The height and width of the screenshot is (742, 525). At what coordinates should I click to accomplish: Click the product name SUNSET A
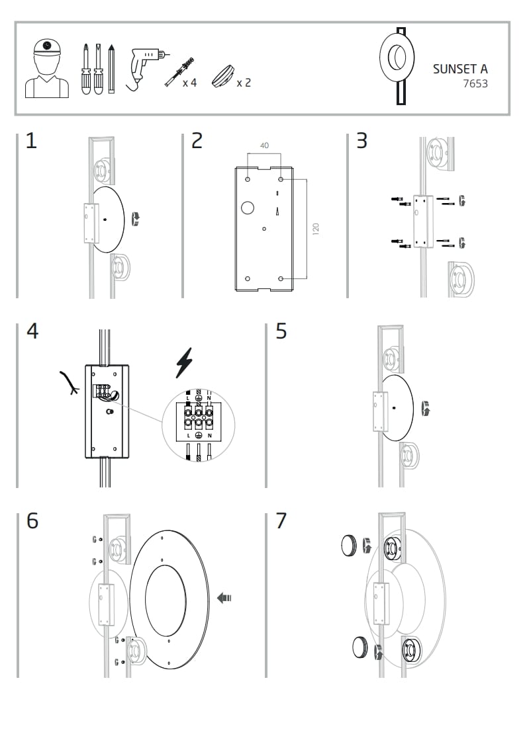point(460,69)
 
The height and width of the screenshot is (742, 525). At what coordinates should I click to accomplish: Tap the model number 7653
point(475,84)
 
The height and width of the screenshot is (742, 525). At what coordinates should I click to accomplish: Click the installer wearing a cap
point(47,68)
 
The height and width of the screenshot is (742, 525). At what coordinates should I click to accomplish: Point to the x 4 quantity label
point(189,83)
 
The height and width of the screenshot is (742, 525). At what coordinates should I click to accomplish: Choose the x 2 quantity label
point(244,83)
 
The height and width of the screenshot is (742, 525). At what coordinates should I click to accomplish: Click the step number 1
point(31,141)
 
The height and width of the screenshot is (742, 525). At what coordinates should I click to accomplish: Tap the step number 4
point(32,331)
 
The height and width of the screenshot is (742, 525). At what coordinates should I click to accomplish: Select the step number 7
point(281,521)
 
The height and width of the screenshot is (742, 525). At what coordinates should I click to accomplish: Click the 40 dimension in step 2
point(264,145)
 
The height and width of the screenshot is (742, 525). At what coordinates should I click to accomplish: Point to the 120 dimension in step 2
point(316,229)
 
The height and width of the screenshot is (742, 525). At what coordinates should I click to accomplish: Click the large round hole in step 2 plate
point(247,208)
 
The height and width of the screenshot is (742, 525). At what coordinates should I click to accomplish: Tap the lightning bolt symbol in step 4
point(184,363)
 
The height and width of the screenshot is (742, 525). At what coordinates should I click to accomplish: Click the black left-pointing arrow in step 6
point(224,598)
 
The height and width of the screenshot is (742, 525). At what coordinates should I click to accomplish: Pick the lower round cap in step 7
point(360,645)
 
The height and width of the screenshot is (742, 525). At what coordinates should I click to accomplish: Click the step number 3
point(361,141)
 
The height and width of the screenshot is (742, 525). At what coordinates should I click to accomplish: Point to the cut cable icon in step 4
point(69,383)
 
